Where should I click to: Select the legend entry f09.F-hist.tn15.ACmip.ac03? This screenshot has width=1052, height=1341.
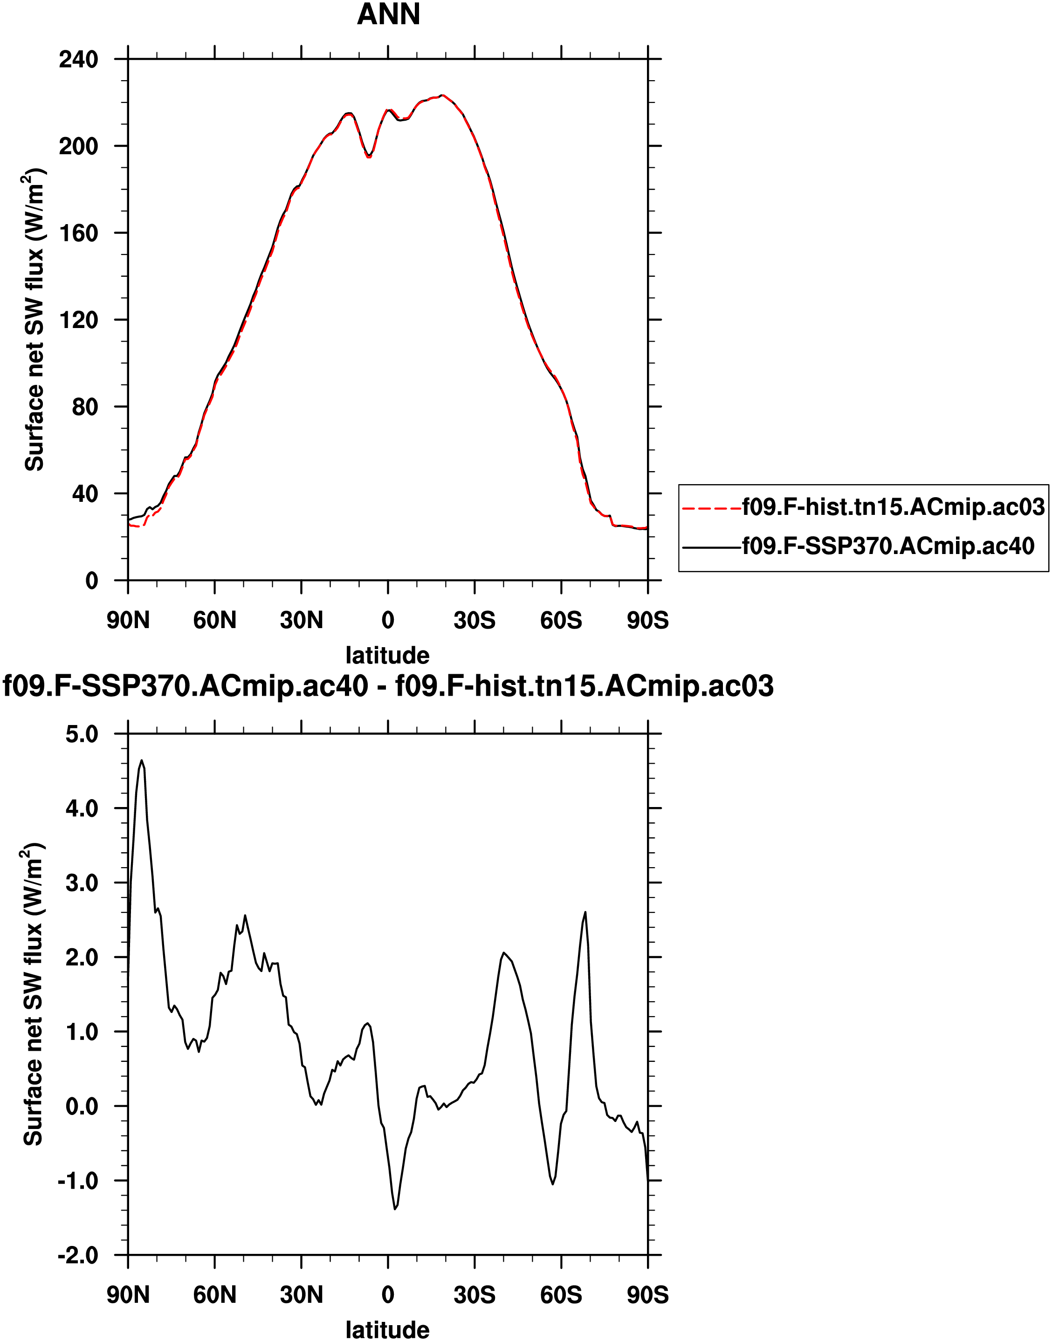(893, 507)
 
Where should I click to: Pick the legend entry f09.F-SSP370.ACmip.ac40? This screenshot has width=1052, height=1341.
(888, 546)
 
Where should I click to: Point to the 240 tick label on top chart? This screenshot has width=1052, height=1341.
(78, 60)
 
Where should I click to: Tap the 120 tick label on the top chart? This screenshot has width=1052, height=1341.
(78, 320)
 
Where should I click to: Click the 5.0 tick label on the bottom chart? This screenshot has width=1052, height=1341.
(82, 734)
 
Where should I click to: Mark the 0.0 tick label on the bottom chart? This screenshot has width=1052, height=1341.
(82, 1107)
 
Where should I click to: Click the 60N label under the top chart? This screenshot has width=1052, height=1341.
(214, 620)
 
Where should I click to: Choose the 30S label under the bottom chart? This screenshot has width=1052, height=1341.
(474, 1295)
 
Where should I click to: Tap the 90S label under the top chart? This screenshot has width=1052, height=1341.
(647, 620)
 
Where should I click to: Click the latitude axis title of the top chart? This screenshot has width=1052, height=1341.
(387, 655)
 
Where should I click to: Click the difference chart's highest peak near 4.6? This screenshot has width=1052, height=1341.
(142, 761)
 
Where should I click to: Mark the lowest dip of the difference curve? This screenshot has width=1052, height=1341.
(395, 1209)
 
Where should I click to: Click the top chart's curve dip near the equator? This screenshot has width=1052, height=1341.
(368, 156)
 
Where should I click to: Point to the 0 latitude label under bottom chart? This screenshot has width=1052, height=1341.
(387, 1295)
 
